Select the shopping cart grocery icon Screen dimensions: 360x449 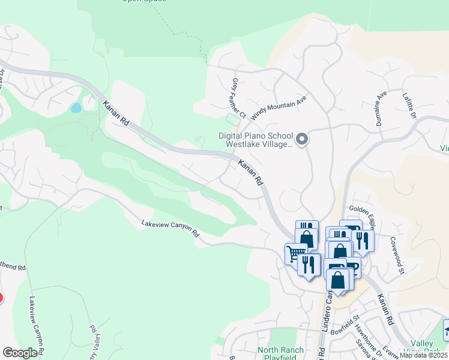[295, 254]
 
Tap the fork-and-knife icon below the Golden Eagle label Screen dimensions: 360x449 [363, 240]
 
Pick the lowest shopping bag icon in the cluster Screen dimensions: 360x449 [339, 280]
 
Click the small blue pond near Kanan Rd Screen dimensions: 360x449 [76, 108]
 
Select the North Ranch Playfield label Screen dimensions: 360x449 [280, 353]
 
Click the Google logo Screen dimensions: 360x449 [20, 353]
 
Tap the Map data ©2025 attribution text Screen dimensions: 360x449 [424, 355]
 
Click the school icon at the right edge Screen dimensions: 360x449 [445, 331]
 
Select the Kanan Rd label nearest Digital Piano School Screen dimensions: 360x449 [251, 172]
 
